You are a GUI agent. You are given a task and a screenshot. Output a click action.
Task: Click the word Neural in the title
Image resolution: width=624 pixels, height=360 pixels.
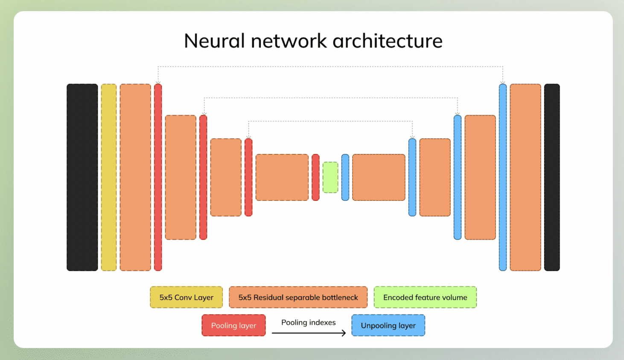click(x=215, y=41)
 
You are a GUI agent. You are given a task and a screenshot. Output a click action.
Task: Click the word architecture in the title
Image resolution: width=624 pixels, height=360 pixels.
click(x=388, y=41)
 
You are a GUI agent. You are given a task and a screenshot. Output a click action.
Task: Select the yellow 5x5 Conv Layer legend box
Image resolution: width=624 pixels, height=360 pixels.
click(x=187, y=297)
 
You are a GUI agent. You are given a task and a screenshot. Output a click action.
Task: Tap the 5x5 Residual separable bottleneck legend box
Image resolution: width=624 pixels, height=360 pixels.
click(x=298, y=297)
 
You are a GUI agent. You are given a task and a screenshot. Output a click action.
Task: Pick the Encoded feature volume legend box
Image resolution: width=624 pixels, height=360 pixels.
click(x=425, y=297)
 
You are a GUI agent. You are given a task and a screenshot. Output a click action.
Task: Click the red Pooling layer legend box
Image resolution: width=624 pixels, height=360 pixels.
click(x=233, y=325)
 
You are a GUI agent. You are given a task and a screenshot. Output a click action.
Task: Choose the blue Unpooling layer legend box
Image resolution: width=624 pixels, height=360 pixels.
click(x=388, y=325)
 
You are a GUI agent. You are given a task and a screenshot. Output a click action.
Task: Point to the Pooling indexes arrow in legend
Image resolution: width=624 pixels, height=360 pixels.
click(x=309, y=333)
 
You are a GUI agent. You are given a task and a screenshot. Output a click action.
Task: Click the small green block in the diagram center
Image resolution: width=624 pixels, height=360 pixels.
click(x=330, y=177)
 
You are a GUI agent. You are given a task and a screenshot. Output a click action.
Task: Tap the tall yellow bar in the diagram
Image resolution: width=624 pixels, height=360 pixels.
click(x=109, y=177)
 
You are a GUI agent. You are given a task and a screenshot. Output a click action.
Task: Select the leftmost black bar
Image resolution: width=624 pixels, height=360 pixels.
click(x=82, y=177)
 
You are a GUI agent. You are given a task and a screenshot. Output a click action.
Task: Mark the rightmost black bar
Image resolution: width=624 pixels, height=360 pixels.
click(x=552, y=177)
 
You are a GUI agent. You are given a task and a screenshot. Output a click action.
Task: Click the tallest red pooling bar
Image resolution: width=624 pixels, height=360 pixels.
click(x=158, y=177)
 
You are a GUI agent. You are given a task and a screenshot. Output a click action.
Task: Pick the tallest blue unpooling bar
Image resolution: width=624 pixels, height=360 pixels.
click(x=503, y=177)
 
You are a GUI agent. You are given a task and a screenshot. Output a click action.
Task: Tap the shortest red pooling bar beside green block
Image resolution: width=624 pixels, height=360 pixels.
click(x=315, y=177)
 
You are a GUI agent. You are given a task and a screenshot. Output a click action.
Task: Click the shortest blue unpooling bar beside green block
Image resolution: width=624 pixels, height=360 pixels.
click(x=345, y=177)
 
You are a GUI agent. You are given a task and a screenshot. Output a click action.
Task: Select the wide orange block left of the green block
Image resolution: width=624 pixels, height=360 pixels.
click(x=282, y=177)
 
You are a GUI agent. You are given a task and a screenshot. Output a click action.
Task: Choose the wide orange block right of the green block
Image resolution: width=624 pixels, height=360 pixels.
click(x=379, y=177)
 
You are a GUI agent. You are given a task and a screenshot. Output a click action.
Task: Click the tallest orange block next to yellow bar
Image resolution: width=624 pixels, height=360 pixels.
click(x=135, y=177)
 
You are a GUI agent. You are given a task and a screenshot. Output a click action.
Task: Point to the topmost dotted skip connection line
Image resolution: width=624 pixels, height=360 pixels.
click(x=330, y=67)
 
